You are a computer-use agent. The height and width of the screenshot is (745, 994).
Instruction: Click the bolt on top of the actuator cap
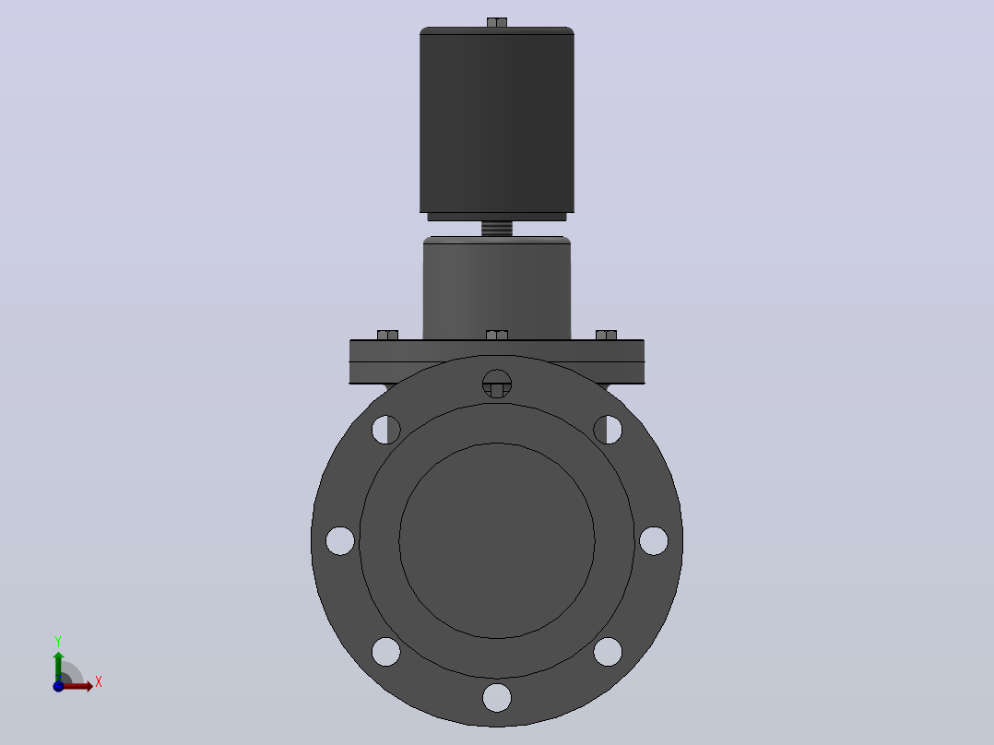coord(497,22)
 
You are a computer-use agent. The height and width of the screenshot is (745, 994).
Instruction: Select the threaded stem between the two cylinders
coord(497,229)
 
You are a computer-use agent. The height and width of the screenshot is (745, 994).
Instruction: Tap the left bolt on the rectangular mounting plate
coord(388,335)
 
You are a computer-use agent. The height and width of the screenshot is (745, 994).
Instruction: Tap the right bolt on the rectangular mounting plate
coord(606,335)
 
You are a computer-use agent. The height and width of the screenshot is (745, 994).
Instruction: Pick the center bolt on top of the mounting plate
coord(497,335)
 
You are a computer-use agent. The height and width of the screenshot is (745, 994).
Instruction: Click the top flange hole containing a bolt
coord(497,384)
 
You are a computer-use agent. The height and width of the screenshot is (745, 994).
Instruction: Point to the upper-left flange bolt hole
coord(386,430)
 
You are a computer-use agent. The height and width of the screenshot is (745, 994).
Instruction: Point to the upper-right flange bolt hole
coord(608,430)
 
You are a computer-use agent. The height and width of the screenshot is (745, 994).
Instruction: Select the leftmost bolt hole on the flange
coord(340,541)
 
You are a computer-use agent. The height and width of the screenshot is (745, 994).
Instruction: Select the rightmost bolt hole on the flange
coord(654,541)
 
